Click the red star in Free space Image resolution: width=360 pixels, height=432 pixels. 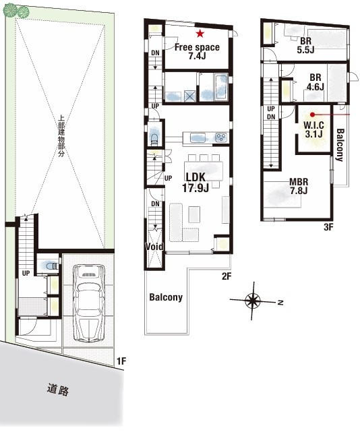pos(200,34)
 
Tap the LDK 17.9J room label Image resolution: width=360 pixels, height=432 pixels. pos(195,183)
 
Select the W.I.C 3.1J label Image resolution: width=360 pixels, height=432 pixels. pos(313,129)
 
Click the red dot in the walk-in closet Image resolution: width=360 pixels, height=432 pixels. pos(312,115)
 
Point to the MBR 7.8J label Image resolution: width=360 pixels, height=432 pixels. pos(299,186)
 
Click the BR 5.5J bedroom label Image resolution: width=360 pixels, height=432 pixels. pos(305,45)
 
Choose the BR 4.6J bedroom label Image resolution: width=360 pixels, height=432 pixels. pos(315,82)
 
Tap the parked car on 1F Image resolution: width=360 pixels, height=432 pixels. pos(89,303)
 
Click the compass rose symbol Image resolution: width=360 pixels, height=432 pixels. pos(253,301)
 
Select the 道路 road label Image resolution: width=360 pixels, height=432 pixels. pos(58,390)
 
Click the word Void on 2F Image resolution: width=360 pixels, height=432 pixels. pos(154,247)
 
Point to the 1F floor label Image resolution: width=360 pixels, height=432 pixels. pos(121,361)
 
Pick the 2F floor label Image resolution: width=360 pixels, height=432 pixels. pos(227,276)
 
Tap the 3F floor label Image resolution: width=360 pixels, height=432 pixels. pos(328,227)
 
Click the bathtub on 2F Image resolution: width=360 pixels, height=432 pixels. pos(221,87)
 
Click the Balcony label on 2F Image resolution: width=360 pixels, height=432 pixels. pos(166,297)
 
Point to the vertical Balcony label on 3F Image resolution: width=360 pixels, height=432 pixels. pos(340,145)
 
